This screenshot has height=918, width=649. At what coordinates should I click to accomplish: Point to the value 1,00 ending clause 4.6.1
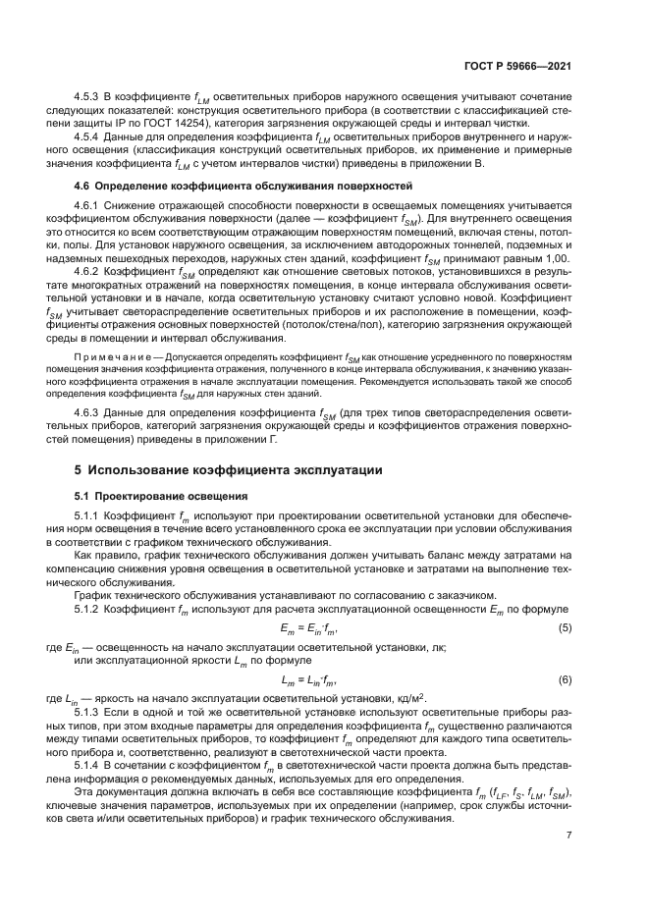(x=556, y=254)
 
